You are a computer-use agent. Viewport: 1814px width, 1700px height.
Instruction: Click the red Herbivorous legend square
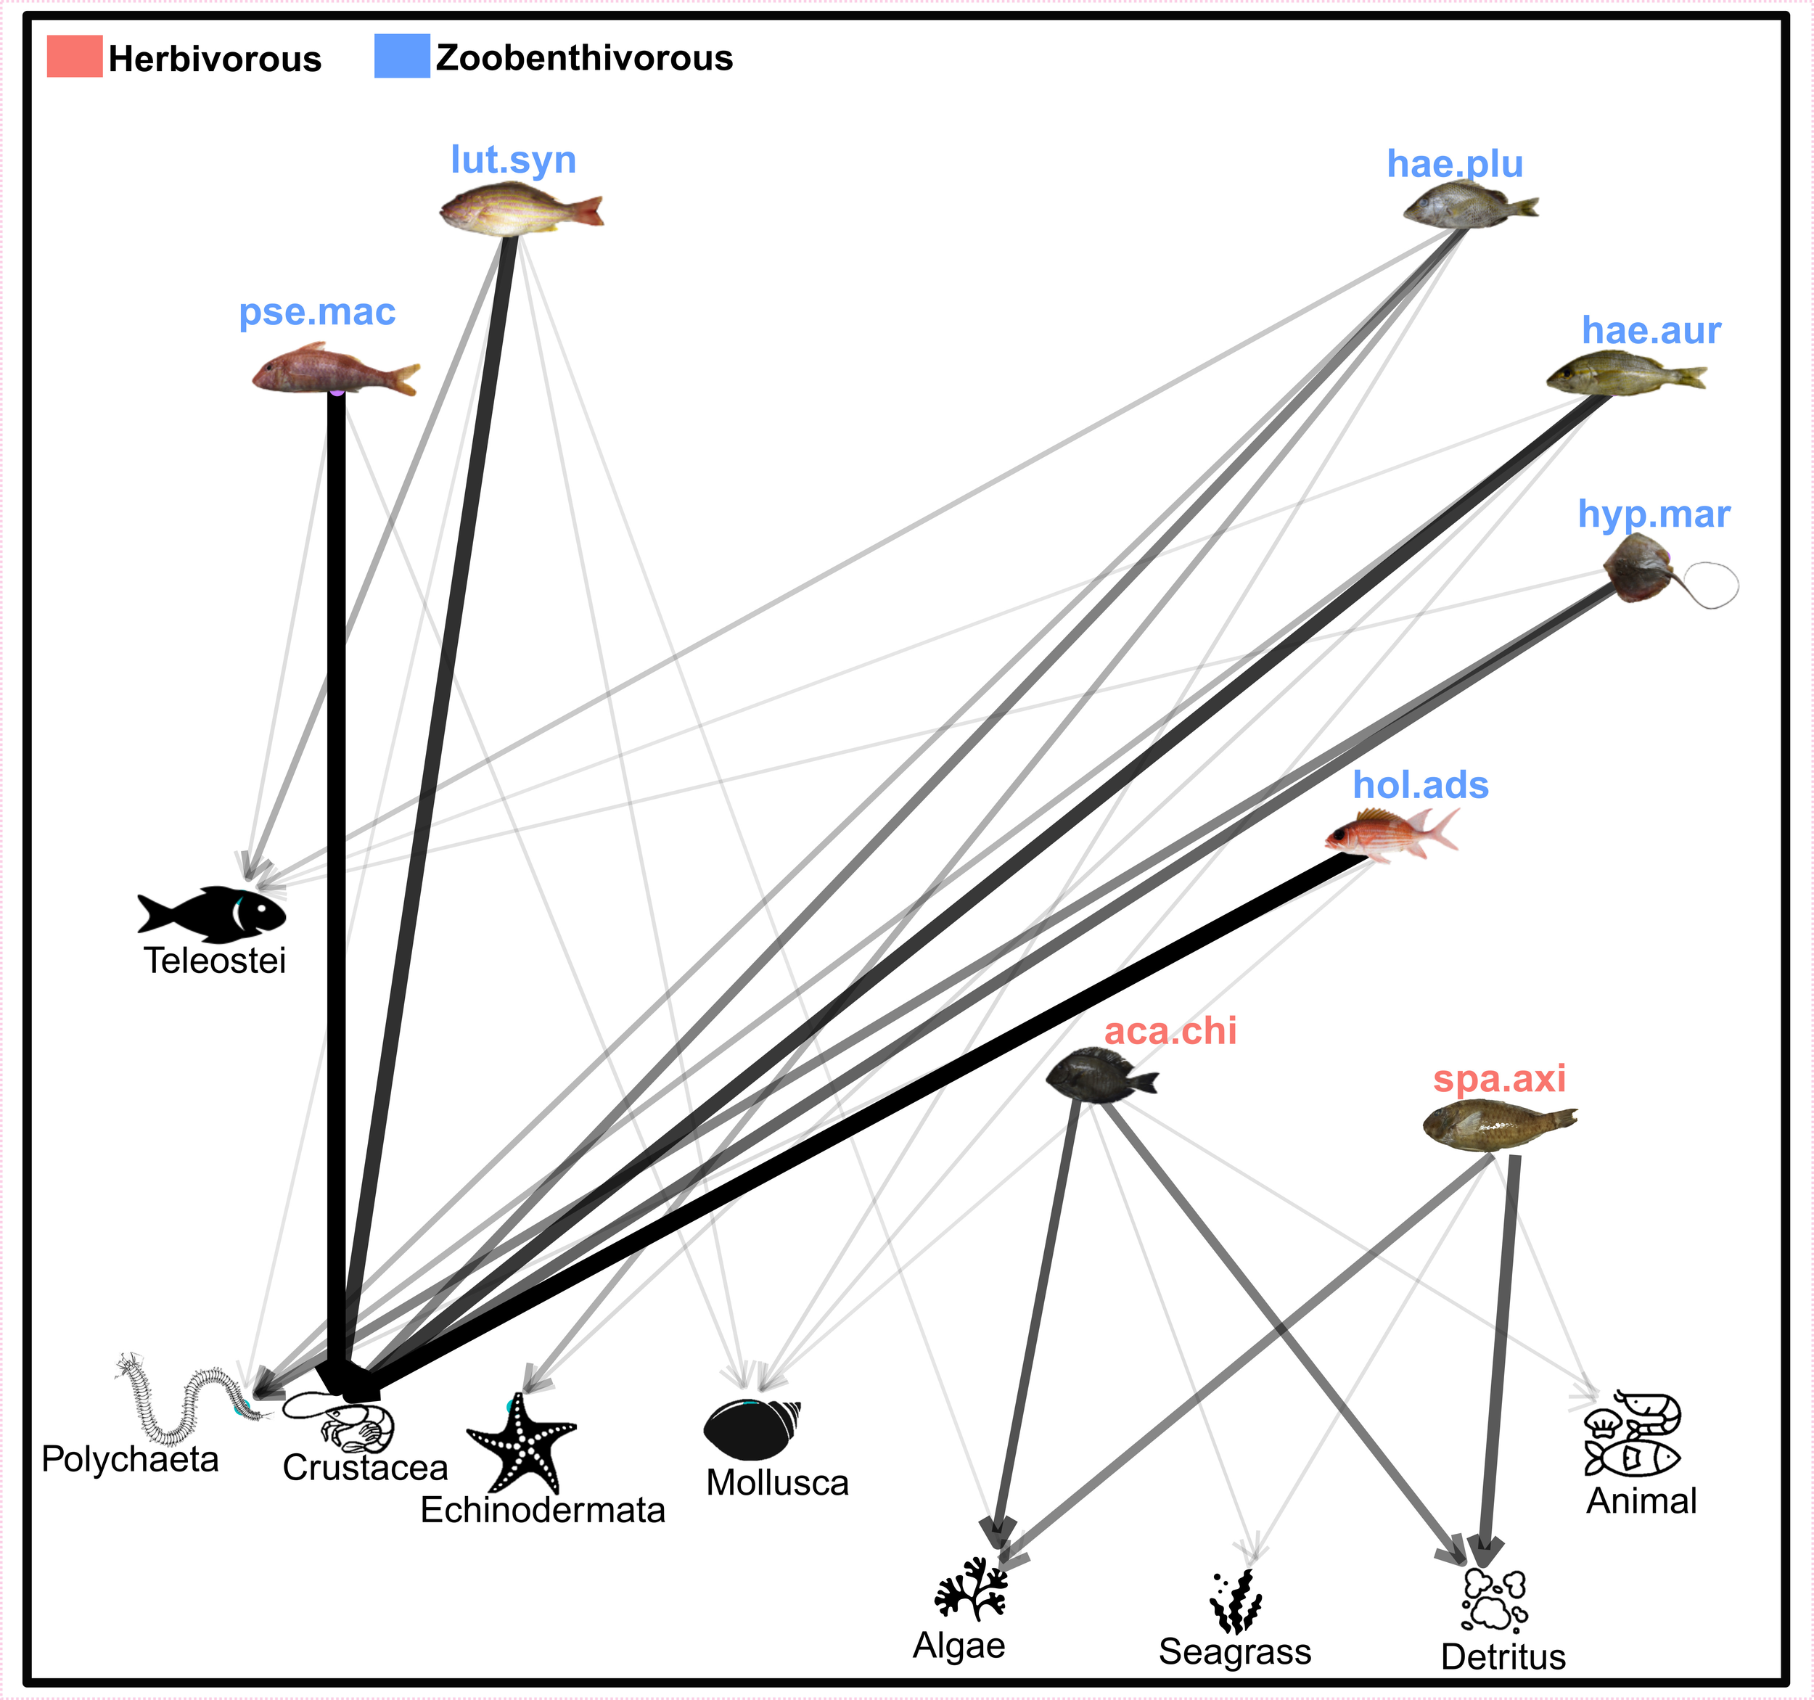[74, 57]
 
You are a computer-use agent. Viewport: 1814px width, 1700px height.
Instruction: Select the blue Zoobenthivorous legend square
[401, 56]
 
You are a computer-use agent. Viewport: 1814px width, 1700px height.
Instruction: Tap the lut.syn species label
[513, 160]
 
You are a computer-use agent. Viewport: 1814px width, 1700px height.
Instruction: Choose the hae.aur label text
[1651, 330]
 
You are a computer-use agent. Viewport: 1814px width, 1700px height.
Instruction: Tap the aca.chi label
[1170, 1031]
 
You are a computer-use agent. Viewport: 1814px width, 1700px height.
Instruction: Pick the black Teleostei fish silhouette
[213, 913]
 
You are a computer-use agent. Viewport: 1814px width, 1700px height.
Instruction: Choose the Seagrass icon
[1236, 1601]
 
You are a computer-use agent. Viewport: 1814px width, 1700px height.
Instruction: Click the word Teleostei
[215, 961]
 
